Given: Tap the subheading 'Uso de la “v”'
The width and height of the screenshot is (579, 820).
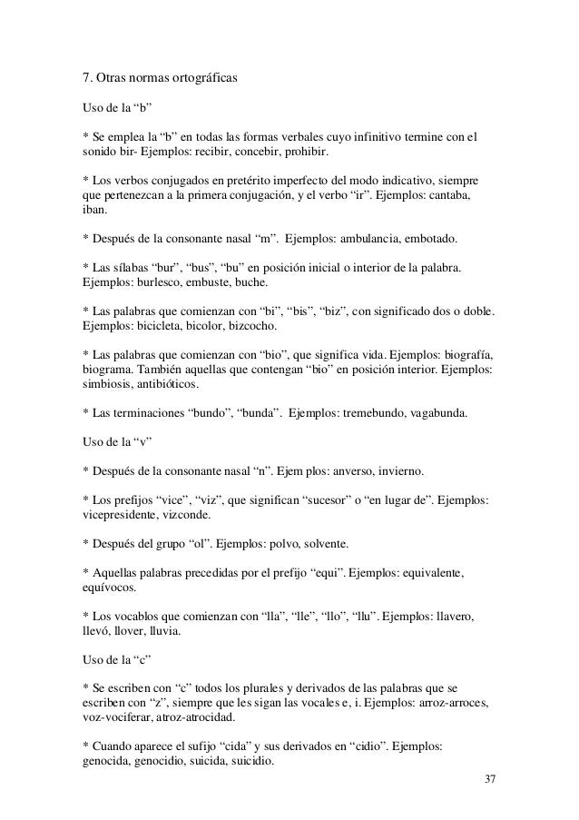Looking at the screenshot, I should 116,443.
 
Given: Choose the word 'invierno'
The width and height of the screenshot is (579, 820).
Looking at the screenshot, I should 397,473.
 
